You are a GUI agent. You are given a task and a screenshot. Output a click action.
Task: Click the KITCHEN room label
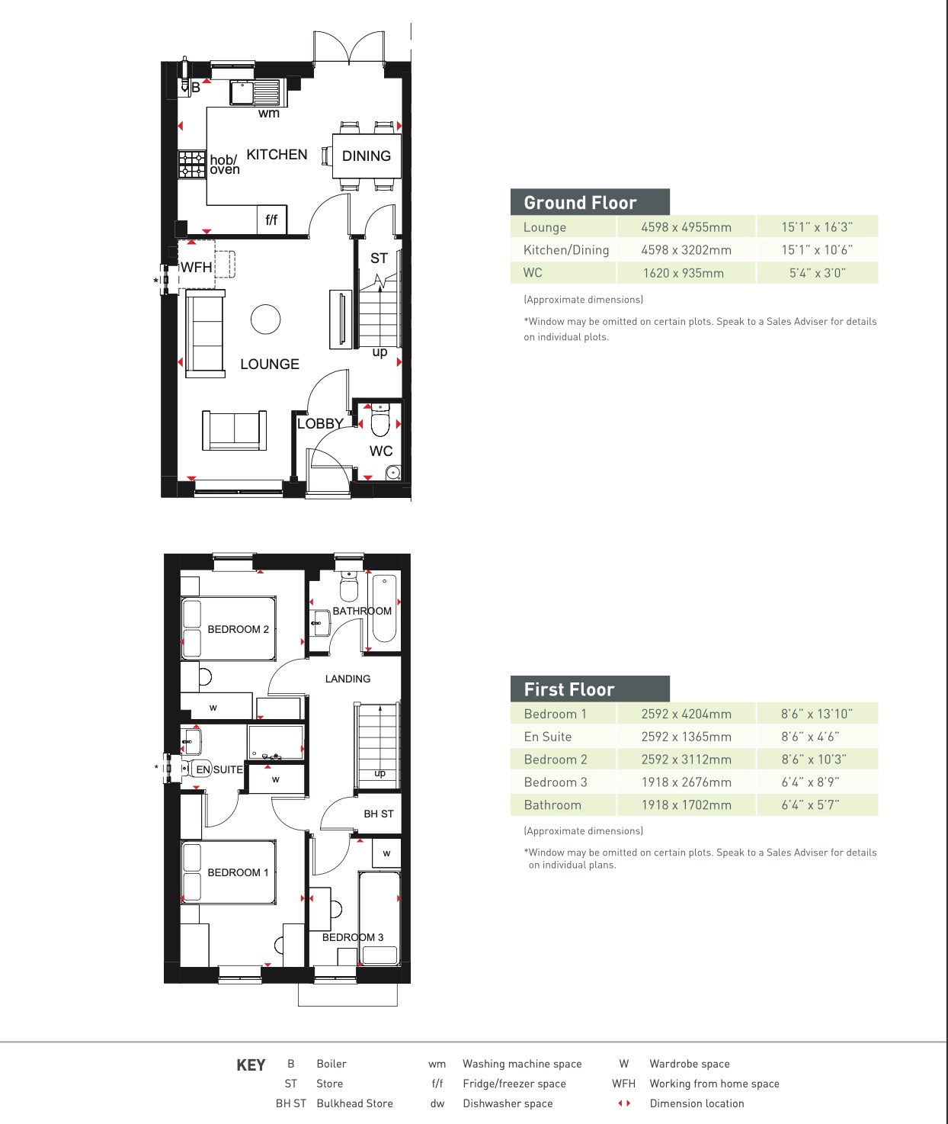(x=277, y=155)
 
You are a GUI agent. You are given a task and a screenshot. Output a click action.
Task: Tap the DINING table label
(x=366, y=156)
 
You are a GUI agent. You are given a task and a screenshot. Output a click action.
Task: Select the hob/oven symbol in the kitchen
(x=192, y=165)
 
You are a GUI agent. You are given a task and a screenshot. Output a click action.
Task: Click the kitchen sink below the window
(x=255, y=94)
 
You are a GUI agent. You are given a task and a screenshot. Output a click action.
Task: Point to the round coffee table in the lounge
(x=265, y=320)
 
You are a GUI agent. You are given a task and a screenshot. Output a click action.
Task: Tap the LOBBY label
(x=320, y=424)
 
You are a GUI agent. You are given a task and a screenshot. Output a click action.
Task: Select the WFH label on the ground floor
(x=196, y=268)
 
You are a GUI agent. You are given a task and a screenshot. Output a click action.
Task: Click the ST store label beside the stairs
(x=379, y=259)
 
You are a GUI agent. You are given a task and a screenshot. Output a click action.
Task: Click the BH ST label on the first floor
(x=378, y=814)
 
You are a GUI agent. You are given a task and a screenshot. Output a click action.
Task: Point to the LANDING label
(x=347, y=679)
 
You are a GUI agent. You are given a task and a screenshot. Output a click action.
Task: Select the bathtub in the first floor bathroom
(x=384, y=609)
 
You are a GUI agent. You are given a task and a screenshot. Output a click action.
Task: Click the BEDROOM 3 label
(x=353, y=937)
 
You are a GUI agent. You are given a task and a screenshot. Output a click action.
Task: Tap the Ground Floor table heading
(x=580, y=203)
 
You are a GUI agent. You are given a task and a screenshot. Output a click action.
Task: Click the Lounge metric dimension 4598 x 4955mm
(x=686, y=227)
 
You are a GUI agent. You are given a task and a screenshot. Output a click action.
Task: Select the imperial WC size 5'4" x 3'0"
(x=817, y=273)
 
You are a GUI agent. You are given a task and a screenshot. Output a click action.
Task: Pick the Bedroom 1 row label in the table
(x=555, y=714)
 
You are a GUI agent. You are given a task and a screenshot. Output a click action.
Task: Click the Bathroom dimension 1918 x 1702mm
(x=686, y=805)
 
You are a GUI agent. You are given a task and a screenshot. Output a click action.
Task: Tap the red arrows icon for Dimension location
(x=624, y=1103)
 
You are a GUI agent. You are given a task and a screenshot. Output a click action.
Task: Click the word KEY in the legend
(x=251, y=1065)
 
